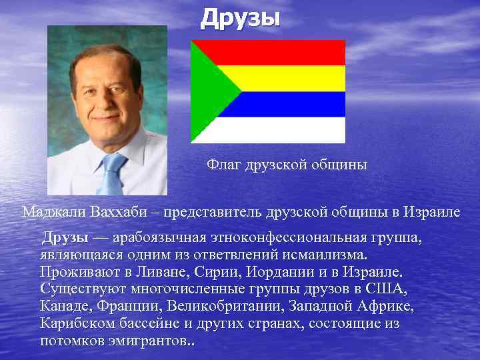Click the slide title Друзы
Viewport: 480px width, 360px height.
(x=241, y=18)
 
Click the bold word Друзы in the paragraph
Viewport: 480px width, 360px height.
(x=65, y=237)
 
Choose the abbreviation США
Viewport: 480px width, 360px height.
(x=389, y=289)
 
